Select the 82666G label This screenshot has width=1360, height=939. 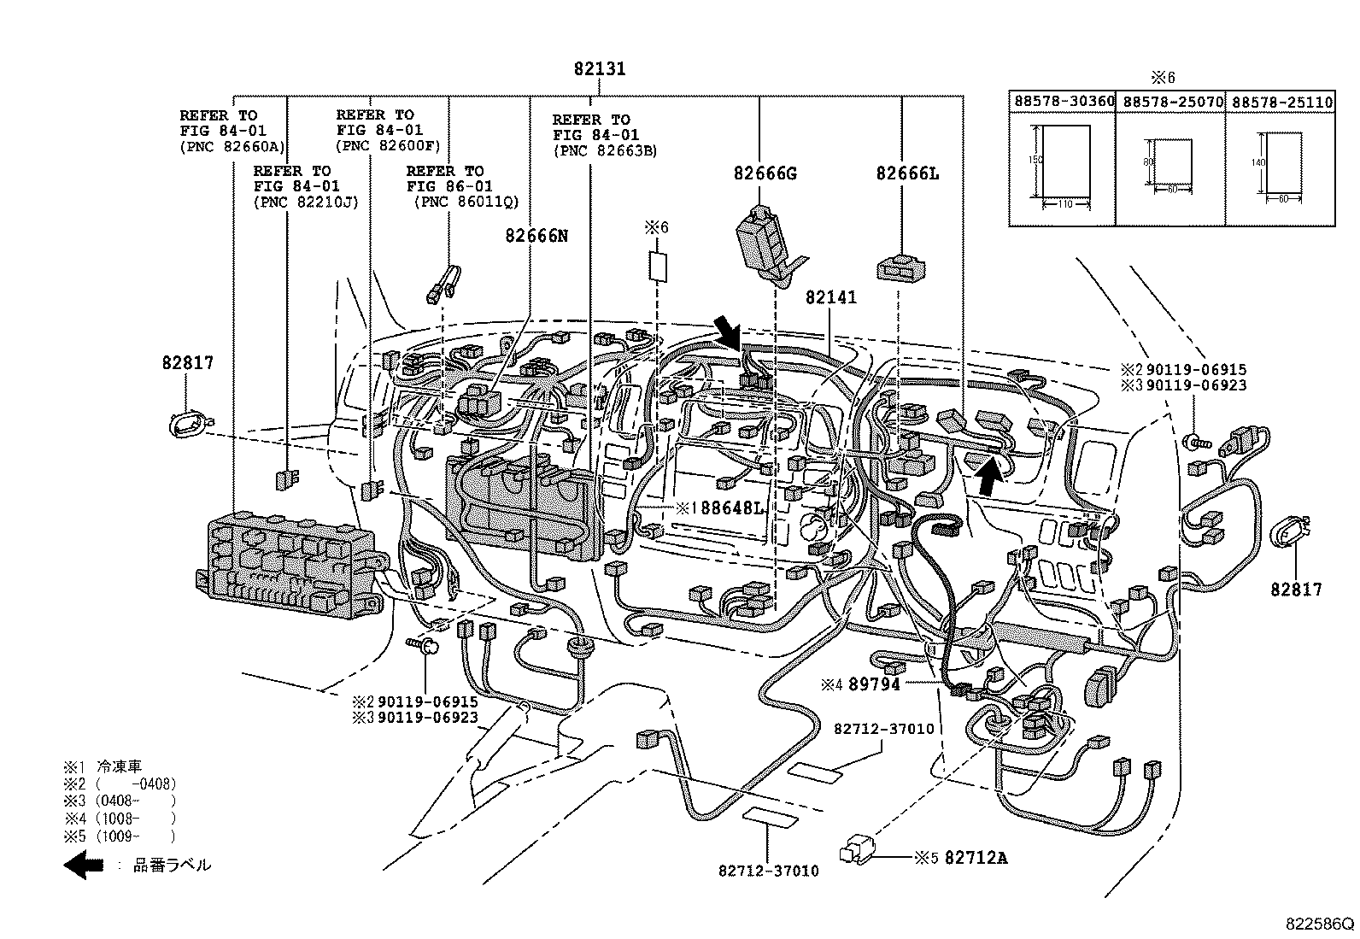point(765,173)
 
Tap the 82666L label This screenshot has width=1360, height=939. point(907,173)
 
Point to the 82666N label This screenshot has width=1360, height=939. point(536,236)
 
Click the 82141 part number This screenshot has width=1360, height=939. point(830,297)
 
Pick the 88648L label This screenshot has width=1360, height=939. point(731,508)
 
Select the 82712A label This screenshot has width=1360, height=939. point(977,857)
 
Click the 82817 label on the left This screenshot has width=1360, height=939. point(187,363)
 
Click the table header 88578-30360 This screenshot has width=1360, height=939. point(1064,102)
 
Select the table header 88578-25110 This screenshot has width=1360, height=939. point(1281,102)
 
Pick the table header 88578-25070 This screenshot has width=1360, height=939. point(1171,102)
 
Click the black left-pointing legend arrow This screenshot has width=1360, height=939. point(84,865)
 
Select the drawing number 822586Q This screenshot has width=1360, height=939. point(1321,924)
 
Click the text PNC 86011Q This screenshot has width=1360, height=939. point(466,202)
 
